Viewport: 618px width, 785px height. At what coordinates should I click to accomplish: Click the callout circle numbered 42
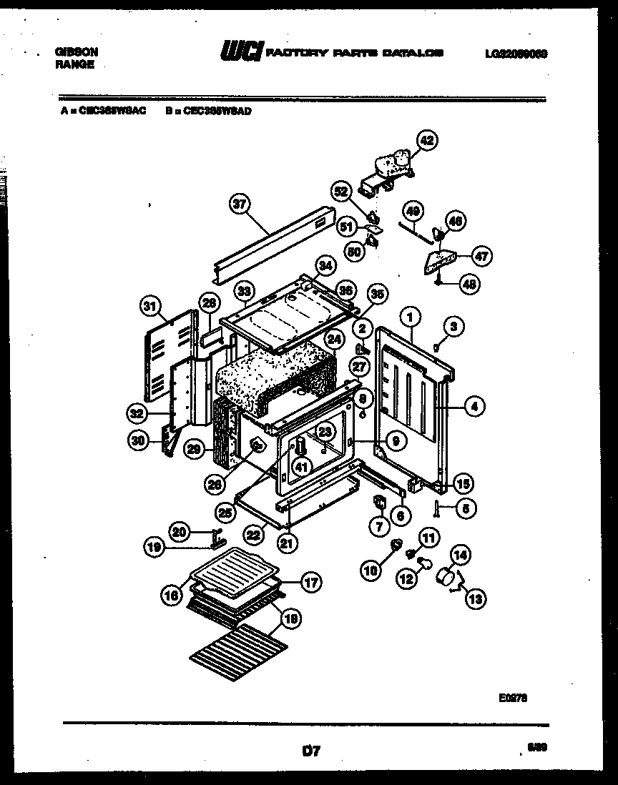[428, 142]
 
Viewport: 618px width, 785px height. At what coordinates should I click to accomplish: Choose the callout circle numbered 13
[474, 599]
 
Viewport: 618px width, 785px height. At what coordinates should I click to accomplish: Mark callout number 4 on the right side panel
[474, 408]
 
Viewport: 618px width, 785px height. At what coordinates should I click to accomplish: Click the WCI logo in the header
[242, 52]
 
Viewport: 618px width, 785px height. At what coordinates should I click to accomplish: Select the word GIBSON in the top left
[76, 52]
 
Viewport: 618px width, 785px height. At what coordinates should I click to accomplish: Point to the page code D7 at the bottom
[310, 751]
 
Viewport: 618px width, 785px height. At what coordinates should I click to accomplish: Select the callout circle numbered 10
[371, 570]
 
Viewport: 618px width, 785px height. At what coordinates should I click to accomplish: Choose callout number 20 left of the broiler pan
[180, 531]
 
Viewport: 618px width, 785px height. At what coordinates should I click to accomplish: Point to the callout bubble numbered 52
[341, 191]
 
